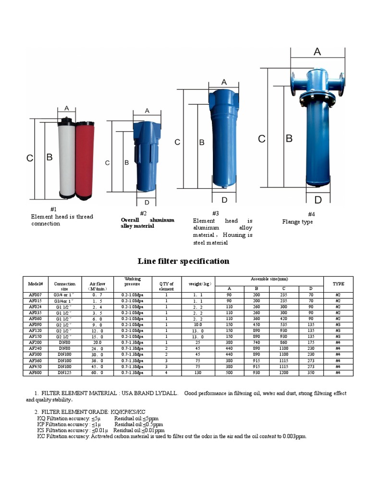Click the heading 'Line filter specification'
(183, 261)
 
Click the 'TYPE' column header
(338, 284)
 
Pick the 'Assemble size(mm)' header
(269, 279)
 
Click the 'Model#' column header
(36, 284)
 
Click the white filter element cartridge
(66, 159)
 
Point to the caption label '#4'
(311, 214)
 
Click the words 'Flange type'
(297, 222)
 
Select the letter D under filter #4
(318, 200)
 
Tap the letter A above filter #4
(317, 52)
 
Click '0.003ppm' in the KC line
(295, 436)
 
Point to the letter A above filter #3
(224, 82)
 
